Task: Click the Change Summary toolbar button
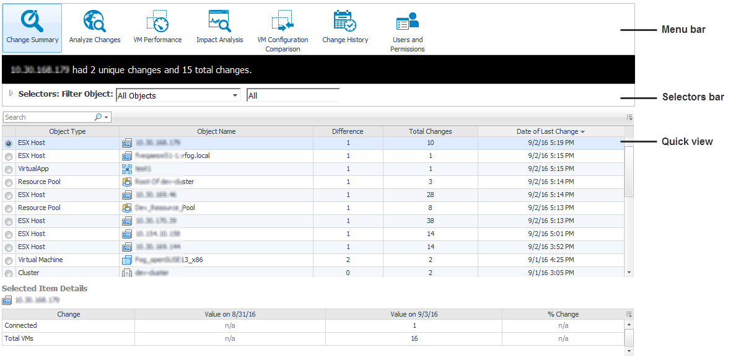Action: pos(32,27)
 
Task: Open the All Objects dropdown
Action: pos(178,95)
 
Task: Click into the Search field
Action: pos(48,117)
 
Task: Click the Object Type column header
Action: pos(68,131)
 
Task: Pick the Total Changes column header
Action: pos(430,131)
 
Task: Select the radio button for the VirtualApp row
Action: pos(9,169)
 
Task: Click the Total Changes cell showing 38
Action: pos(430,221)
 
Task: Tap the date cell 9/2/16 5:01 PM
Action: pos(551,234)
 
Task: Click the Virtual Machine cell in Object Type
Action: pos(40,260)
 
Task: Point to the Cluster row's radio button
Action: pos(9,273)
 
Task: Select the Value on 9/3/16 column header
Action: pos(414,314)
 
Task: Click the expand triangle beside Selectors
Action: pos(11,94)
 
